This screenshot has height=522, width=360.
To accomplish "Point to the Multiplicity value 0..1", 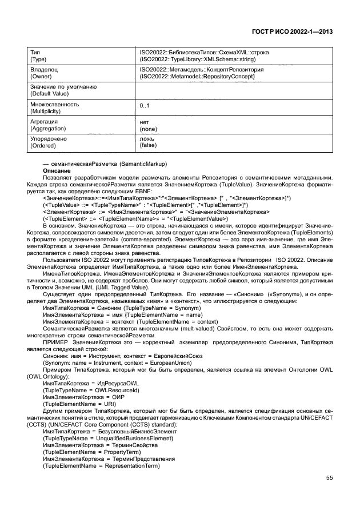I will point(145,107).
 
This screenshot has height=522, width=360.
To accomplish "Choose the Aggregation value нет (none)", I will point(149,126).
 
